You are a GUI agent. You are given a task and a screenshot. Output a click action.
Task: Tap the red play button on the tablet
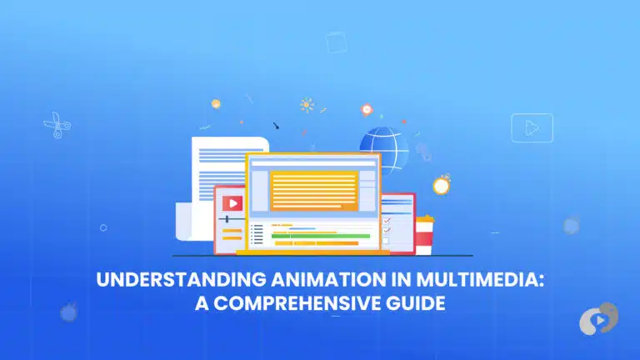coord(232,202)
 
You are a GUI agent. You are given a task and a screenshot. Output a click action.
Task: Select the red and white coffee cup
coord(424,234)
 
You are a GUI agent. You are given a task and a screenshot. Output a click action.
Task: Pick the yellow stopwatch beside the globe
coord(441,183)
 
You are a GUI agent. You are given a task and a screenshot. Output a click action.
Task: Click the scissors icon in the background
coord(57,126)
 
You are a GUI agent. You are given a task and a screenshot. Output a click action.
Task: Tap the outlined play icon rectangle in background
coord(532,127)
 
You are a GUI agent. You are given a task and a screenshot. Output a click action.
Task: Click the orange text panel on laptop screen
coord(313,189)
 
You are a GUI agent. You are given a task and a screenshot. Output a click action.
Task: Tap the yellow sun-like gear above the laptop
coord(307,105)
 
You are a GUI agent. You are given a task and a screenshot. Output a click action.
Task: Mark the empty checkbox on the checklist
coord(386,240)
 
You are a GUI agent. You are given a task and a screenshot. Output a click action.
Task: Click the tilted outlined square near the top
coord(336,42)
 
